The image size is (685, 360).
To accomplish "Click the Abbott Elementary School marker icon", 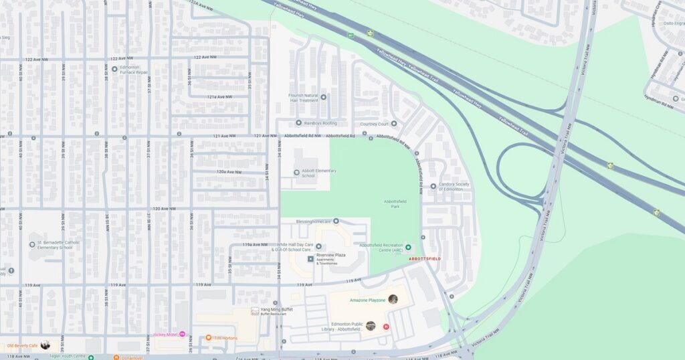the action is pos(297,173).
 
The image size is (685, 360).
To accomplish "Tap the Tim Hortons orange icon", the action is pos(209,338).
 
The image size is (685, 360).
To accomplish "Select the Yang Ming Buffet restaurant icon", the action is pos(254,311).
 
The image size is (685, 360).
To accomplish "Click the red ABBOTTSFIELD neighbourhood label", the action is pos(425,258).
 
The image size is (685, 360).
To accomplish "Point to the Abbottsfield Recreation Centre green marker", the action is pos(409,248).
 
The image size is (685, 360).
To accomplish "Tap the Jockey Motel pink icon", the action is pos(182,333).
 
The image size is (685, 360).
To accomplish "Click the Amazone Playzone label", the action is pos(367,300).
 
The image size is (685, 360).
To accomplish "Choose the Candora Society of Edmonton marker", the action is pos(433,186).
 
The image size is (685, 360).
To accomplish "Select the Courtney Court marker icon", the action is pos(393,123).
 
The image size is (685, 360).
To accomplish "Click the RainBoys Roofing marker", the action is pos(298,122).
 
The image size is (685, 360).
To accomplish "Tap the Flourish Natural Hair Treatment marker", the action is pos(323,97).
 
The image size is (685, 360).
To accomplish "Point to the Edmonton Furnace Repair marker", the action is pos(114,69).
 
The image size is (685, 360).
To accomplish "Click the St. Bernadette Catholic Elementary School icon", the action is pos(32,246).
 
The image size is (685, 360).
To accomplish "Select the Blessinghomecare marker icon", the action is pos(336,221).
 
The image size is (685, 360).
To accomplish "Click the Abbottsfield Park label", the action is pos(395,203).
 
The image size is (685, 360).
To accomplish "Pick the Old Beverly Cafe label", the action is pos(21,345).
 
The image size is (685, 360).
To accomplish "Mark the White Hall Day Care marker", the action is pos(318,246).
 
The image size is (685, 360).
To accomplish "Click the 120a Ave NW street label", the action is pos(229,172).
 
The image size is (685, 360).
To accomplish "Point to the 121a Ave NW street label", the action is pos(219,97).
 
